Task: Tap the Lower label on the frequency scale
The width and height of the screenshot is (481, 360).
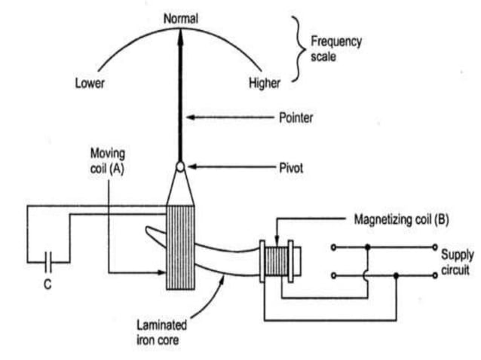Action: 89,83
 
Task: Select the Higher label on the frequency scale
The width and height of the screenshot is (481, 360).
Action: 264,83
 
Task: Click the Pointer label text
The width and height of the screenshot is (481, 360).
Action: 296,117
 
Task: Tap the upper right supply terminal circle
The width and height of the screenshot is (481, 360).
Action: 435,246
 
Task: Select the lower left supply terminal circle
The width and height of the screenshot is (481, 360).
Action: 333,276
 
